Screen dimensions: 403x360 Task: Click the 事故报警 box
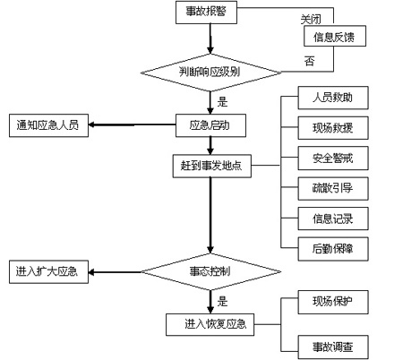(x=206, y=13)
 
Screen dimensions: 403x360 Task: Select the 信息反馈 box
(x=335, y=36)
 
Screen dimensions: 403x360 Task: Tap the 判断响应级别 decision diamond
(x=210, y=73)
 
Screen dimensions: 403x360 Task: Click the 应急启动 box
(x=210, y=125)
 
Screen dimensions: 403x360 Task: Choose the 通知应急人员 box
(x=48, y=125)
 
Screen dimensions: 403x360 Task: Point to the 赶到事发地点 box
(x=212, y=166)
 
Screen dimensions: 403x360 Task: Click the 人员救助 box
(x=333, y=98)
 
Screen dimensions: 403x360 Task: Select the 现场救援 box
(x=333, y=128)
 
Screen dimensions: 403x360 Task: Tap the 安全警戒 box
(x=333, y=159)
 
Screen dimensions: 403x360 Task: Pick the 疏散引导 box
(x=333, y=188)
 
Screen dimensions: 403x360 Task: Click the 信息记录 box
(x=333, y=219)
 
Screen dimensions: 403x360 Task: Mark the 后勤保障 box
(x=333, y=249)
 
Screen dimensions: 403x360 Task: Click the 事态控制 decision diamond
(x=210, y=271)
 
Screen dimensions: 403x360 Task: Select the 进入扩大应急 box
(x=48, y=271)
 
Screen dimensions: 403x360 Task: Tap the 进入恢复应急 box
(x=210, y=324)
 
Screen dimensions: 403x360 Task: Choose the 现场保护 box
(x=333, y=302)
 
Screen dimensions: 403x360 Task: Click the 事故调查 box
(x=333, y=347)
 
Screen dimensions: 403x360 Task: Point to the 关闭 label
(x=311, y=20)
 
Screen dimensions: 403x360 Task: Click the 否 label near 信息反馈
(x=310, y=61)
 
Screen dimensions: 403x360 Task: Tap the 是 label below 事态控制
(x=222, y=301)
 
